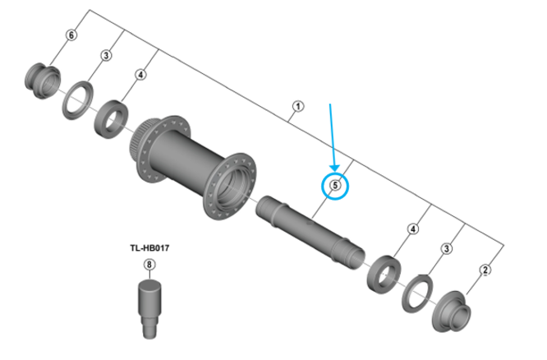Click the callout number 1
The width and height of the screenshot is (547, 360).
pyautogui.click(x=297, y=106)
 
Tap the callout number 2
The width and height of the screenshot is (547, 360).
pyautogui.click(x=485, y=270)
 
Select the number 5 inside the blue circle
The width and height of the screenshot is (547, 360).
pyautogui.click(x=335, y=187)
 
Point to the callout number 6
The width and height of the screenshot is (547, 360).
pyautogui.click(x=71, y=35)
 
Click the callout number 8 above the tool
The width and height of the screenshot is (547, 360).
pyautogui.click(x=149, y=265)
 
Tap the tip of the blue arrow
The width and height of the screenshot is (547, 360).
pyautogui.click(x=335, y=169)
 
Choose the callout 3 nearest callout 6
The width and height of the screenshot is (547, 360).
pyautogui.click(x=106, y=55)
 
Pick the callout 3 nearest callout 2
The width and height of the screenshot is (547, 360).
pyautogui.click(x=447, y=248)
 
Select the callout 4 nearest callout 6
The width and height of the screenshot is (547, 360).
pyautogui.click(x=140, y=75)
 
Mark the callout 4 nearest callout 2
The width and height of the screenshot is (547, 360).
pyautogui.click(x=414, y=228)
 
